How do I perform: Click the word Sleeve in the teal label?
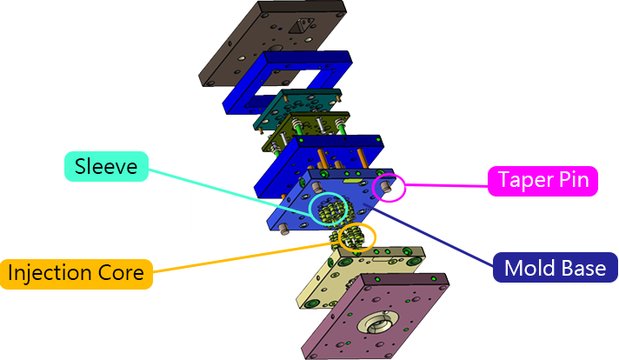[x=106, y=166]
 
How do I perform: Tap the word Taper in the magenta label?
[x=524, y=181]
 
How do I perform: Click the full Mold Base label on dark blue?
[x=555, y=269]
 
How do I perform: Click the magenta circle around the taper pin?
[x=388, y=188]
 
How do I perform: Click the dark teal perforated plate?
[x=296, y=109]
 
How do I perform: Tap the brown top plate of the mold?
[x=252, y=48]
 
